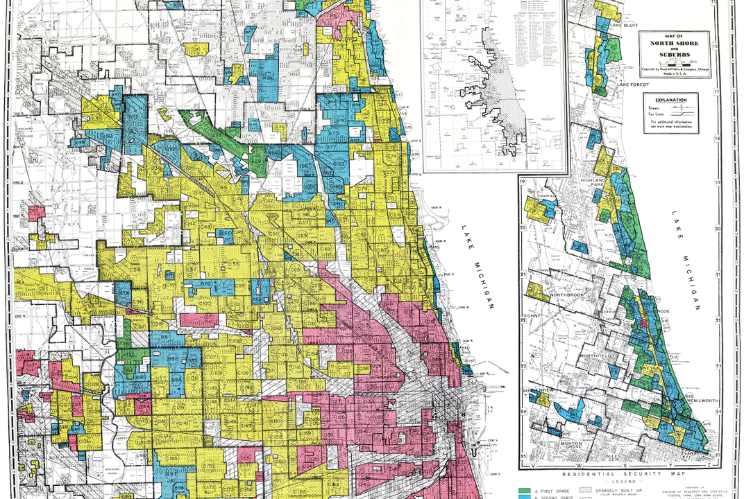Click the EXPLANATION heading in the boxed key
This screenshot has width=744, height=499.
point(670,100)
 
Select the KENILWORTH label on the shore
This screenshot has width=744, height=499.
point(702,401)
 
